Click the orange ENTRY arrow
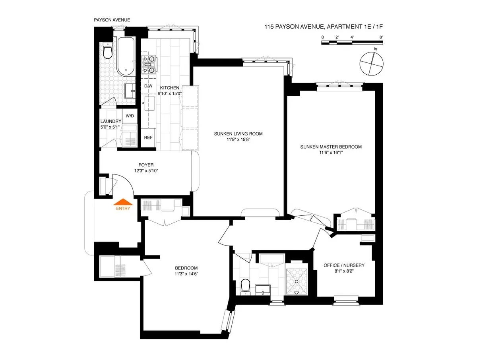click(x=122, y=201)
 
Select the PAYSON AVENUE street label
click(x=112, y=20)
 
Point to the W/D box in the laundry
click(x=130, y=116)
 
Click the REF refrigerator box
click(x=148, y=137)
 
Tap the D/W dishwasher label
click(x=148, y=86)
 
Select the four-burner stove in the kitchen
click(x=149, y=65)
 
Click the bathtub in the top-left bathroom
click(x=126, y=57)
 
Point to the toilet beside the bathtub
click(x=107, y=51)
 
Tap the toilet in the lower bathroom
click(x=245, y=286)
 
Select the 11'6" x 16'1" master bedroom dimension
click(x=331, y=153)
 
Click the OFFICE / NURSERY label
click(x=344, y=265)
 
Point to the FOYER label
click(x=146, y=165)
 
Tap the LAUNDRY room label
click(x=111, y=122)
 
